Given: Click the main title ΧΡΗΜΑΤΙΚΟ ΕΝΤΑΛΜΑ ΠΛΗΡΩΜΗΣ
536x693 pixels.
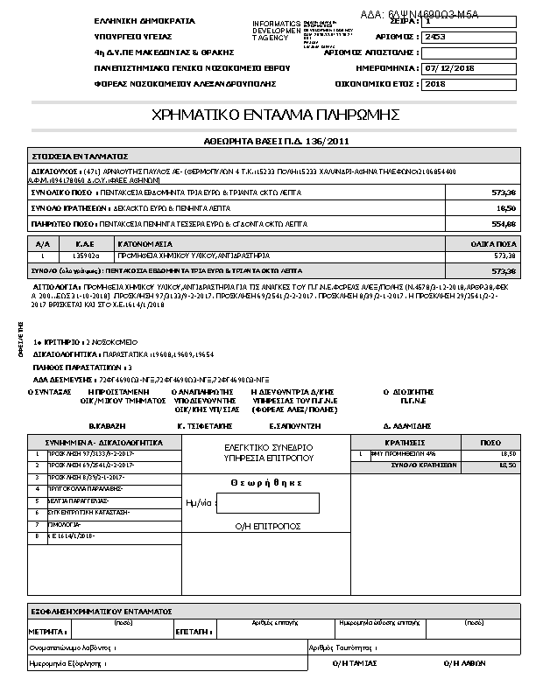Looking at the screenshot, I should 275,115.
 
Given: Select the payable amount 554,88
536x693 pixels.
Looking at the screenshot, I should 504,225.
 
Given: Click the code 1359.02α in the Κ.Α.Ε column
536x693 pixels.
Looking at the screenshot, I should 85,256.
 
